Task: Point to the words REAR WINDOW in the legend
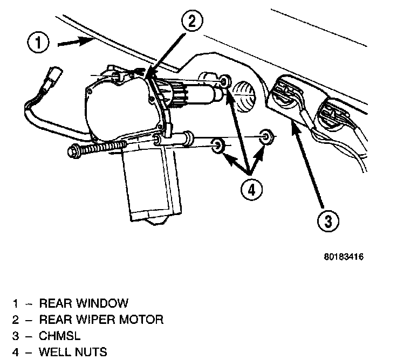coord(84,303)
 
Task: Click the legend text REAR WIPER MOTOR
coord(101,320)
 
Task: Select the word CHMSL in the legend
coord(60,336)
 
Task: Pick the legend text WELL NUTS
coord(73,352)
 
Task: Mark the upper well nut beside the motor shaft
coord(225,82)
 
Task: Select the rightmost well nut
coord(265,137)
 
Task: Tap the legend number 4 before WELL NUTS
coord(16,352)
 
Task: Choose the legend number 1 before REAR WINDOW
coord(16,303)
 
